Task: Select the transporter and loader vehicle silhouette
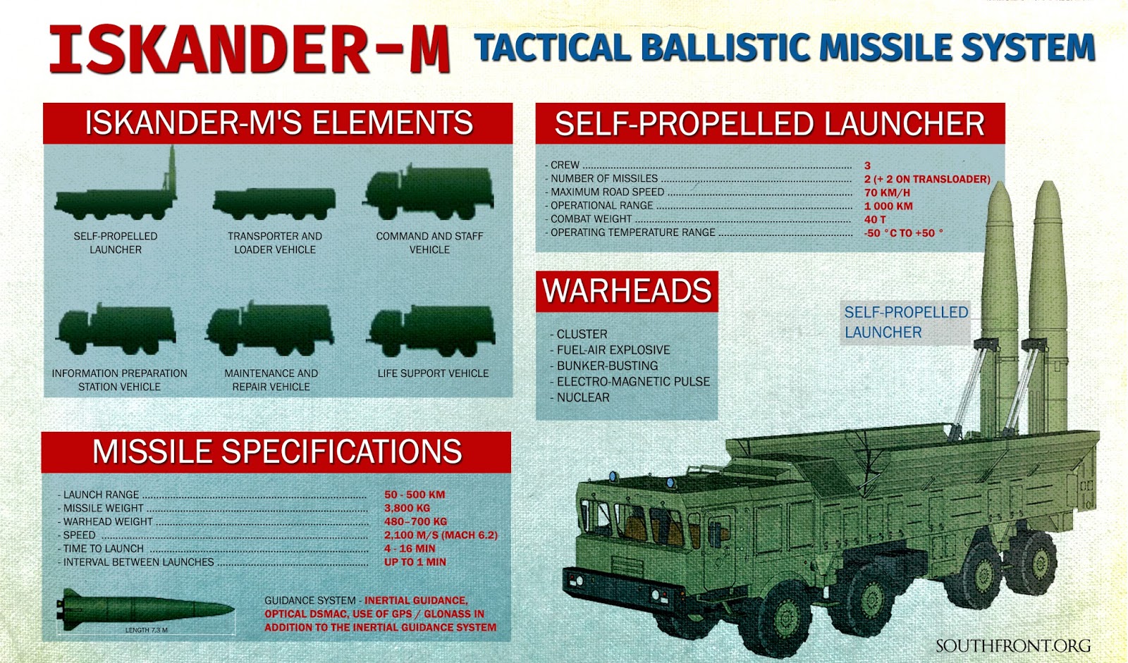274,203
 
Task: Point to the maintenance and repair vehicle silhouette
270,329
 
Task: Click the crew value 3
868,166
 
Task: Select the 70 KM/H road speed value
887,192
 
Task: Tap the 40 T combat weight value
875,219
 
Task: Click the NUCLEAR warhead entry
582,397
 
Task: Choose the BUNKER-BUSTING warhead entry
606,366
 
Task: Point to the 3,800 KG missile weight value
407,508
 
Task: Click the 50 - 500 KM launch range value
415,495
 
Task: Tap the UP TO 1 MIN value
415,562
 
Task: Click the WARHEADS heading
627,291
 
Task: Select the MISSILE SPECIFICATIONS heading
276,452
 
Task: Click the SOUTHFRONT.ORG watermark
1012,646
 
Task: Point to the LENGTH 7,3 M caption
146,630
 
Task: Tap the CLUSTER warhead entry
582,334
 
